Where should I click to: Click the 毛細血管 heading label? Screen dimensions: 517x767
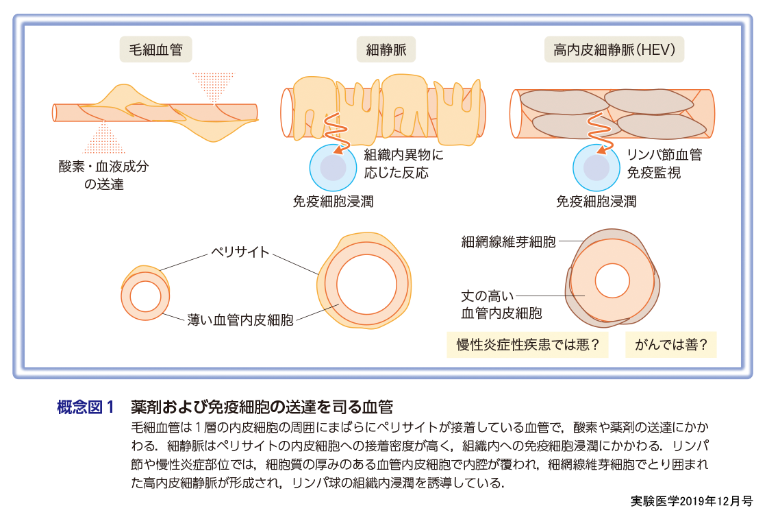point(155,51)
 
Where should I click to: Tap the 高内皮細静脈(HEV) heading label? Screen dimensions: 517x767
point(618,51)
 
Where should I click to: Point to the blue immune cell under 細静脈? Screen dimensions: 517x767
point(332,167)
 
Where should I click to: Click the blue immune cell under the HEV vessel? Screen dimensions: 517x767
point(596,167)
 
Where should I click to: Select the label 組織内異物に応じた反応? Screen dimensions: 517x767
point(404,164)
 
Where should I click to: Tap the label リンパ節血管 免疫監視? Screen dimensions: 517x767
point(664,164)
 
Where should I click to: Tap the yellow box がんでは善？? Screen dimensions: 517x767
point(670,344)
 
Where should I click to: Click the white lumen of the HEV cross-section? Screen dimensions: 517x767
point(612,280)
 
